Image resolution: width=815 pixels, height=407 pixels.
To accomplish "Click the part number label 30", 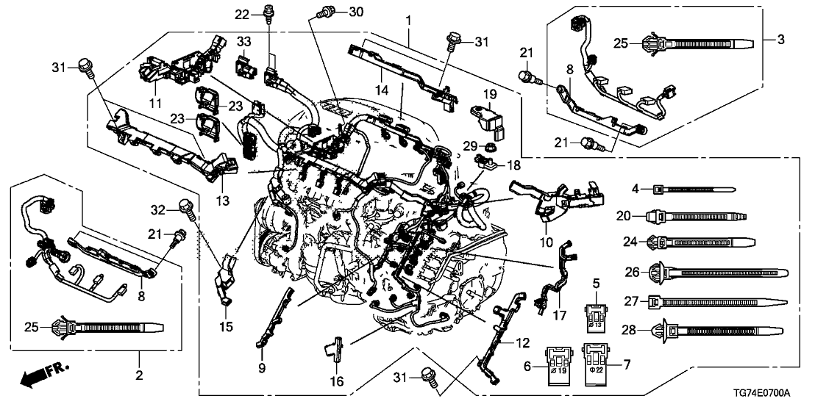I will pos(356,11).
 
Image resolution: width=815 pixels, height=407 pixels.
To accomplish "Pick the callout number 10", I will pos(548,242).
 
